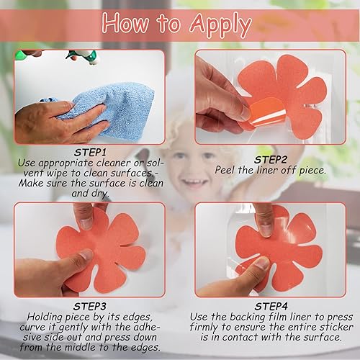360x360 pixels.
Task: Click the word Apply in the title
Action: pos(220,25)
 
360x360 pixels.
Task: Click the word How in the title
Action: pos(125,23)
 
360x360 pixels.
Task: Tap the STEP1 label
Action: pos(90,153)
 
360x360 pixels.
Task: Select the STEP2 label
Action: pos(271,160)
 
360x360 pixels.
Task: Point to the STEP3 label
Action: pos(90,307)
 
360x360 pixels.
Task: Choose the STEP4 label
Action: pos(271,307)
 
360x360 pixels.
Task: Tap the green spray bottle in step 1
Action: pos(81,57)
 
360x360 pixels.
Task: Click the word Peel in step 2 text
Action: pos(225,170)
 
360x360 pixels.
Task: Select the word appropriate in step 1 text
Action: pos(66,163)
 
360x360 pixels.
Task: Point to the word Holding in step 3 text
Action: pos(45,318)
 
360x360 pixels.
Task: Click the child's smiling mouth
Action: pos(192,181)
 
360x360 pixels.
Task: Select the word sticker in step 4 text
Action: pos(336,327)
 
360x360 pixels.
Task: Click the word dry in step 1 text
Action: pos(100,194)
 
